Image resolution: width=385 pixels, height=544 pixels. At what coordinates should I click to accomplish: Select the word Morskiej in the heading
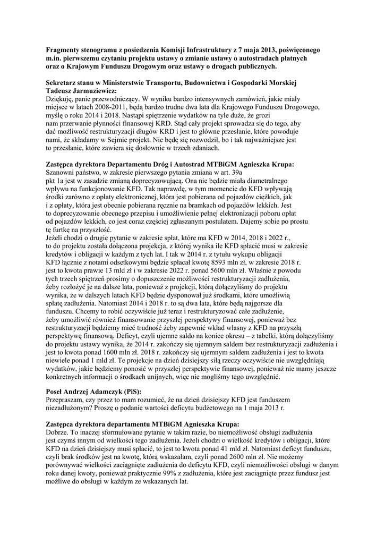coord(280,83)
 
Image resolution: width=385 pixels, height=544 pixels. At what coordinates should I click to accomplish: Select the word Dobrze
coord(57,432)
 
